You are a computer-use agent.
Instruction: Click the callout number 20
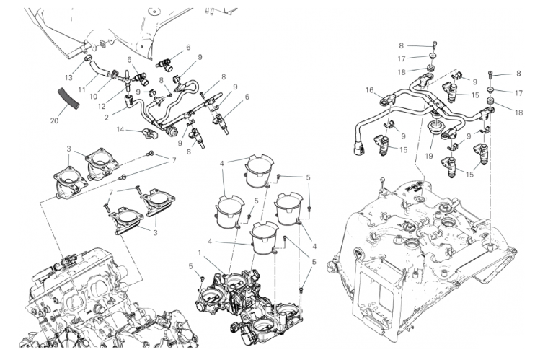point(54,120)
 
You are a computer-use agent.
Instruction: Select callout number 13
point(68,76)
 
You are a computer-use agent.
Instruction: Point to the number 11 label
point(82,89)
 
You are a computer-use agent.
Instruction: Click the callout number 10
point(94,97)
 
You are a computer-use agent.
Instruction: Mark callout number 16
point(369,90)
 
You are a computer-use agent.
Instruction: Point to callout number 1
point(200,253)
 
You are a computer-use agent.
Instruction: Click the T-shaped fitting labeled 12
point(127,76)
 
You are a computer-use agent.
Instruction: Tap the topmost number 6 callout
point(188,47)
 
